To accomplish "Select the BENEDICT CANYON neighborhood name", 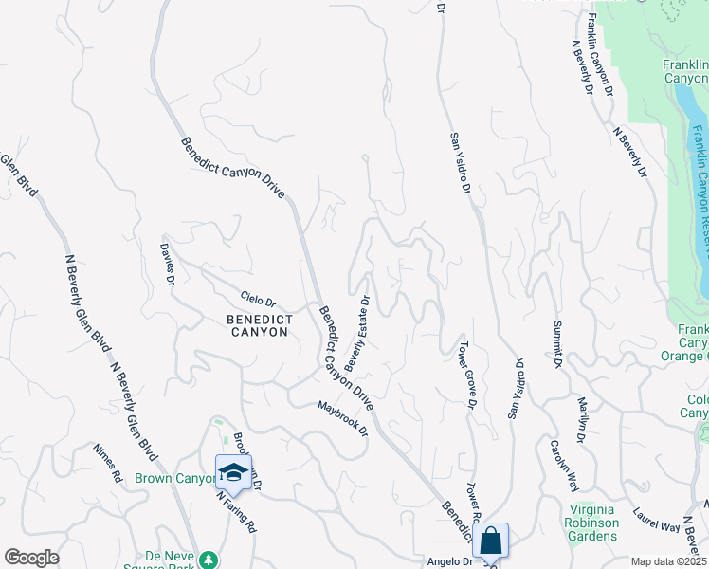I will click(259, 325).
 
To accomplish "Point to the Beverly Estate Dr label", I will click(357, 331).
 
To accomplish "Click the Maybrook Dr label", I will click(342, 419).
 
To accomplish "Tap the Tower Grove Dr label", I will click(467, 375).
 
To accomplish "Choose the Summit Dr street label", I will click(558, 344).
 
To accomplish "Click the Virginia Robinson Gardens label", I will click(591, 523).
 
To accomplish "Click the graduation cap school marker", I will click(233, 471).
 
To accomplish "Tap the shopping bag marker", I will click(491, 541).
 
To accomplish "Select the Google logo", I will click(31, 558).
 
